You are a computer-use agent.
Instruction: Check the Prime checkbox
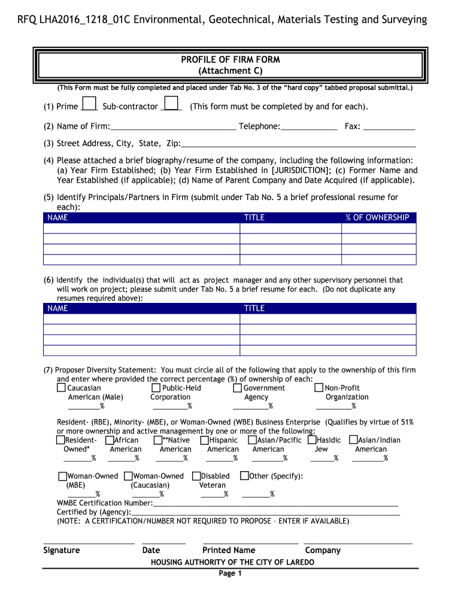point(89,104)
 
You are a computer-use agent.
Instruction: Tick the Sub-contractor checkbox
point(171,104)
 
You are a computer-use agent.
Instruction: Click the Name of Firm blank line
point(173,127)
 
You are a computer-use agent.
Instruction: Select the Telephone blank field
point(309,127)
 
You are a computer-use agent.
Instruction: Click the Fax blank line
point(389,127)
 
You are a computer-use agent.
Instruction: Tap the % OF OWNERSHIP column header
point(377,218)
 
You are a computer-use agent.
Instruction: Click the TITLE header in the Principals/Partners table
point(254,218)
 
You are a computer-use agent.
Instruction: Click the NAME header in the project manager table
point(57,308)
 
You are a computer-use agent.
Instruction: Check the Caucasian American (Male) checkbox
point(61,388)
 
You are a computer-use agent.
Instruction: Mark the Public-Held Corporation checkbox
point(157,388)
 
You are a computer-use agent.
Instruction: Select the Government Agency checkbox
point(238,388)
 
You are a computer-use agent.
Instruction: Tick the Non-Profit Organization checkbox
point(319,388)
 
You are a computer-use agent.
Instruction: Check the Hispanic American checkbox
point(204,440)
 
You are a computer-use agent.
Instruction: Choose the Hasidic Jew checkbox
point(312,440)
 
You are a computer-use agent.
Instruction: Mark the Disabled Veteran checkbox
point(196,476)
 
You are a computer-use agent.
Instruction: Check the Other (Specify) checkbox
point(244,476)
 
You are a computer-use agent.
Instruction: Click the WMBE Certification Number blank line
point(275,503)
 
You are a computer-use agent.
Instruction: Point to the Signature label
point(61,550)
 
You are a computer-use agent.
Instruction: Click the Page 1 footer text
point(230,573)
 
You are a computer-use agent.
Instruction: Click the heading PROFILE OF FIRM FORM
point(230,60)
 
